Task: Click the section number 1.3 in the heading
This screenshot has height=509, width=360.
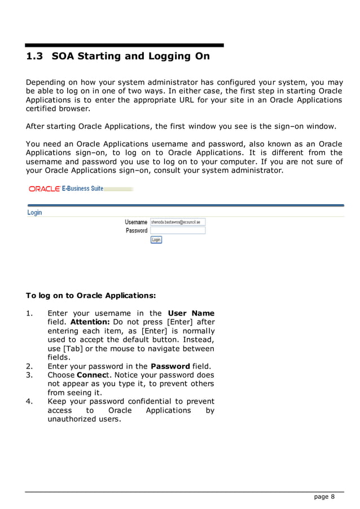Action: click(x=35, y=56)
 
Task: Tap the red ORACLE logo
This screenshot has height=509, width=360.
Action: click(x=44, y=188)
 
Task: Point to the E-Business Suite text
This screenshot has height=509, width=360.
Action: click(x=82, y=188)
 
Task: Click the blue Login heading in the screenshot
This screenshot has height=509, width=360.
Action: click(x=34, y=213)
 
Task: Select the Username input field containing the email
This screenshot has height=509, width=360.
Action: click(x=178, y=222)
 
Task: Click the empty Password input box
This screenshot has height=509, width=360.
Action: click(x=178, y=231)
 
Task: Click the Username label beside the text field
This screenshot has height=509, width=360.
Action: click(x=136, y=222)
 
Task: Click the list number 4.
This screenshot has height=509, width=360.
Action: click(x=29, y=401)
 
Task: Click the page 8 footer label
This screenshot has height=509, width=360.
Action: click(x=324, y=497)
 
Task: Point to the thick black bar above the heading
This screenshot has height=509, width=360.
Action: click(x=124, y=45)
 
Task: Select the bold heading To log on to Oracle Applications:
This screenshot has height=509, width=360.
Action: click(x=91, y=295)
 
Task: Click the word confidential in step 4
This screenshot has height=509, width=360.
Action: click(x=152, y=401)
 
